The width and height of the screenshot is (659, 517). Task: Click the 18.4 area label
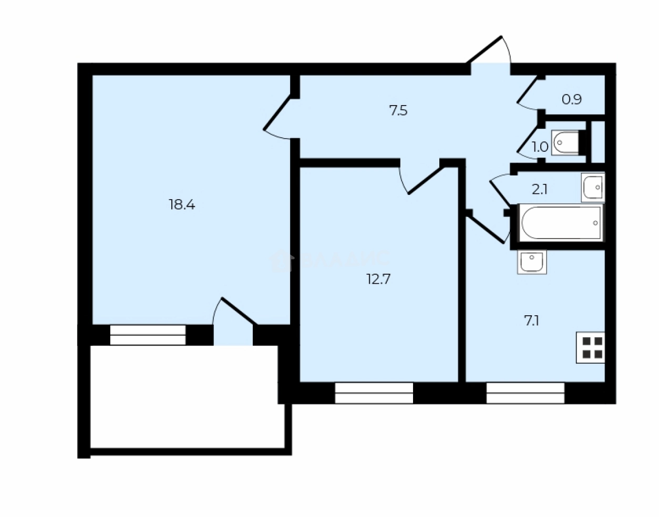click(x=182, y=205)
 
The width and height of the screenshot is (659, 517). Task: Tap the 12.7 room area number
click(x=378, y=279)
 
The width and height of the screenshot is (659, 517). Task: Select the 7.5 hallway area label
click(x=398, y=111)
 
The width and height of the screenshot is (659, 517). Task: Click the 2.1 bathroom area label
click(x=540, y=189)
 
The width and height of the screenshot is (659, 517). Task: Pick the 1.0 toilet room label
click(x=540, y=147)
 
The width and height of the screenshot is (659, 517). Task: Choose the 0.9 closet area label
click(x=572, y=99)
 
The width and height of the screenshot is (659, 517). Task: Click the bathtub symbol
click(x=560, y=223)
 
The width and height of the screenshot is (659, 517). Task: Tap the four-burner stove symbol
click(x=591, y=347)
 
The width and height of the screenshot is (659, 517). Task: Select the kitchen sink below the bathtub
click(x=532, y=262)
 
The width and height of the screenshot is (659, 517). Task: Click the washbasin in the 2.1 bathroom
click(x=593, y=187)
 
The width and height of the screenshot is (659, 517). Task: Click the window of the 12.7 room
click(x=374, y=392)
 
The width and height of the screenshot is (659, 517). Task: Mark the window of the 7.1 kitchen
click(x=525, y=392)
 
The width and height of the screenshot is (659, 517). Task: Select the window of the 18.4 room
click(x=148, y=335)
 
